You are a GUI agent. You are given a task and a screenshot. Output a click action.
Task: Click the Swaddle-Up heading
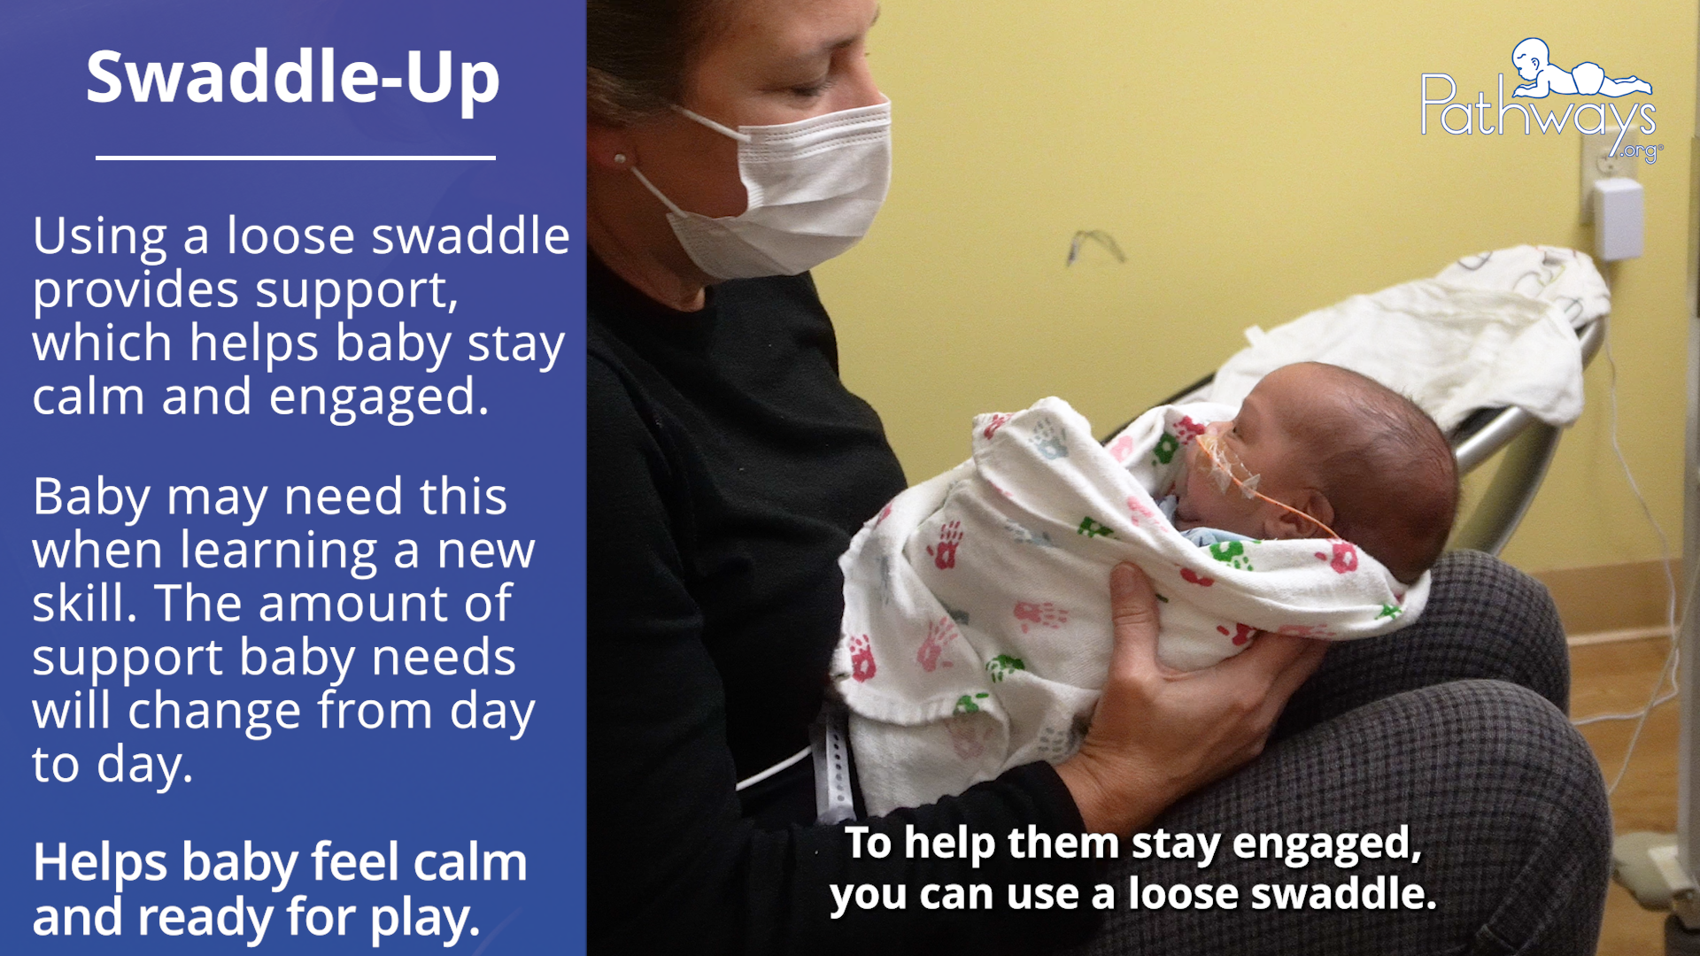tap(293, 78)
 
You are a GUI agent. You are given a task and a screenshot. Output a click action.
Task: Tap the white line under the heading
tap(296, 158)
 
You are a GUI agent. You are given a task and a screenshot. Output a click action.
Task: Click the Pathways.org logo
tap(1541, 99)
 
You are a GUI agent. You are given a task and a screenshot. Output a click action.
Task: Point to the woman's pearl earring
tap(620, 159)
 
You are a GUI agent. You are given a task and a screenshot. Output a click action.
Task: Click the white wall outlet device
tap(1618, 217)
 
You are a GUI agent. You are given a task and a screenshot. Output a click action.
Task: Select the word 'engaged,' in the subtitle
tap(1326, 844)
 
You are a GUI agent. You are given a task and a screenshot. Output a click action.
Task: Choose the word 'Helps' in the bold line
tap(100, 863)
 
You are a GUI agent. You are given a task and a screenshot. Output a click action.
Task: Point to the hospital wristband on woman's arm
tap(832, 761)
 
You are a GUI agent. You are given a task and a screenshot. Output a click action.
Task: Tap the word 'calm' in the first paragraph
tap(88, 397)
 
